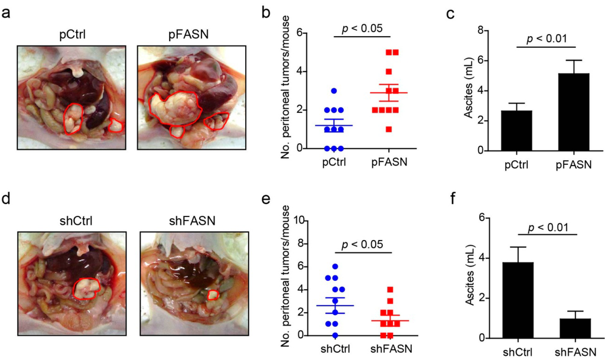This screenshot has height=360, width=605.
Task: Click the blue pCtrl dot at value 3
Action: tap(334, 91)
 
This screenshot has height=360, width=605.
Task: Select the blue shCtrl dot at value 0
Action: tap(335, 335)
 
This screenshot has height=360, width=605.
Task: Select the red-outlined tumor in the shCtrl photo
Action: tap(86, 288)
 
